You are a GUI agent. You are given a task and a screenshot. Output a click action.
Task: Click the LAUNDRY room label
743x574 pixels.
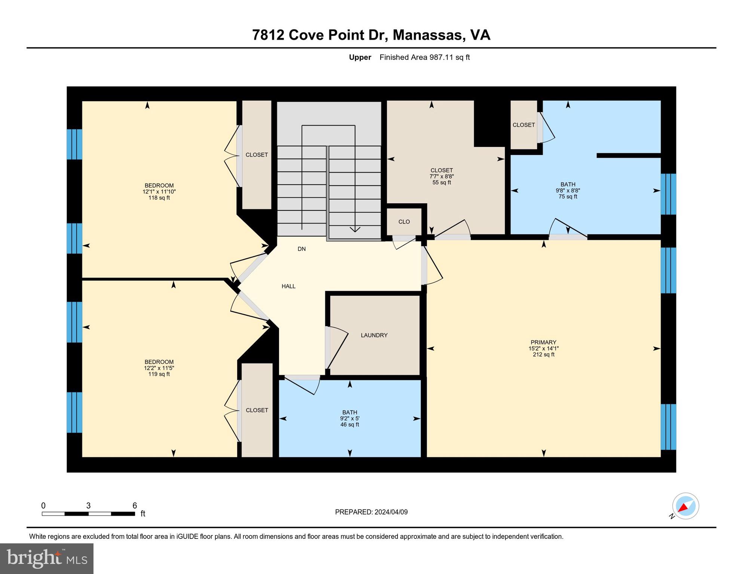[374, 335]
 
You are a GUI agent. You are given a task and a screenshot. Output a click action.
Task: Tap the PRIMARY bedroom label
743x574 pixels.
[543, 342]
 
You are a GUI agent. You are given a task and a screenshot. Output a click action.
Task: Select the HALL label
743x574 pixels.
[288, 286]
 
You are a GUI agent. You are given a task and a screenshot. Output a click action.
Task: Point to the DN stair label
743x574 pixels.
[301, 249]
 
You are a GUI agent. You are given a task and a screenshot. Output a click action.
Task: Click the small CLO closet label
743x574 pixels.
[404, 222]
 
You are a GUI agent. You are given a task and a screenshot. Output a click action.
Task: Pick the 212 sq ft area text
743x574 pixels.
[543, 355]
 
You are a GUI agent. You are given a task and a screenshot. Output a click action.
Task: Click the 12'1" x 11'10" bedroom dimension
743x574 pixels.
[159, 192]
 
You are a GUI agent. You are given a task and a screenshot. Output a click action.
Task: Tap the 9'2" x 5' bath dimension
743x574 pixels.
[350, 419]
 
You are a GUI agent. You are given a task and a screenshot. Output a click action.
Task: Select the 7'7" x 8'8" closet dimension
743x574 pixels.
[442, 176]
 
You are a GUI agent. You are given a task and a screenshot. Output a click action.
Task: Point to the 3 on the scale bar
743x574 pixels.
[88, 506]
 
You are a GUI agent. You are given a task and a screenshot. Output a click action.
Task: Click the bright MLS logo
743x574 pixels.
[47, 558]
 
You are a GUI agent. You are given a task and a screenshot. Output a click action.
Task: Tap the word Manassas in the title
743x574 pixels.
[429, 35]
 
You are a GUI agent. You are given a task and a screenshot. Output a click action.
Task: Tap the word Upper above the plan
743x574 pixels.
[360, 57]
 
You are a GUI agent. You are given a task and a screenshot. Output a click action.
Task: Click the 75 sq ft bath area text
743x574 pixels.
[568, 197]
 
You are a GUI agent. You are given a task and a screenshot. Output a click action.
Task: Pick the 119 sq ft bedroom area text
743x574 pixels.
[159, 374]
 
